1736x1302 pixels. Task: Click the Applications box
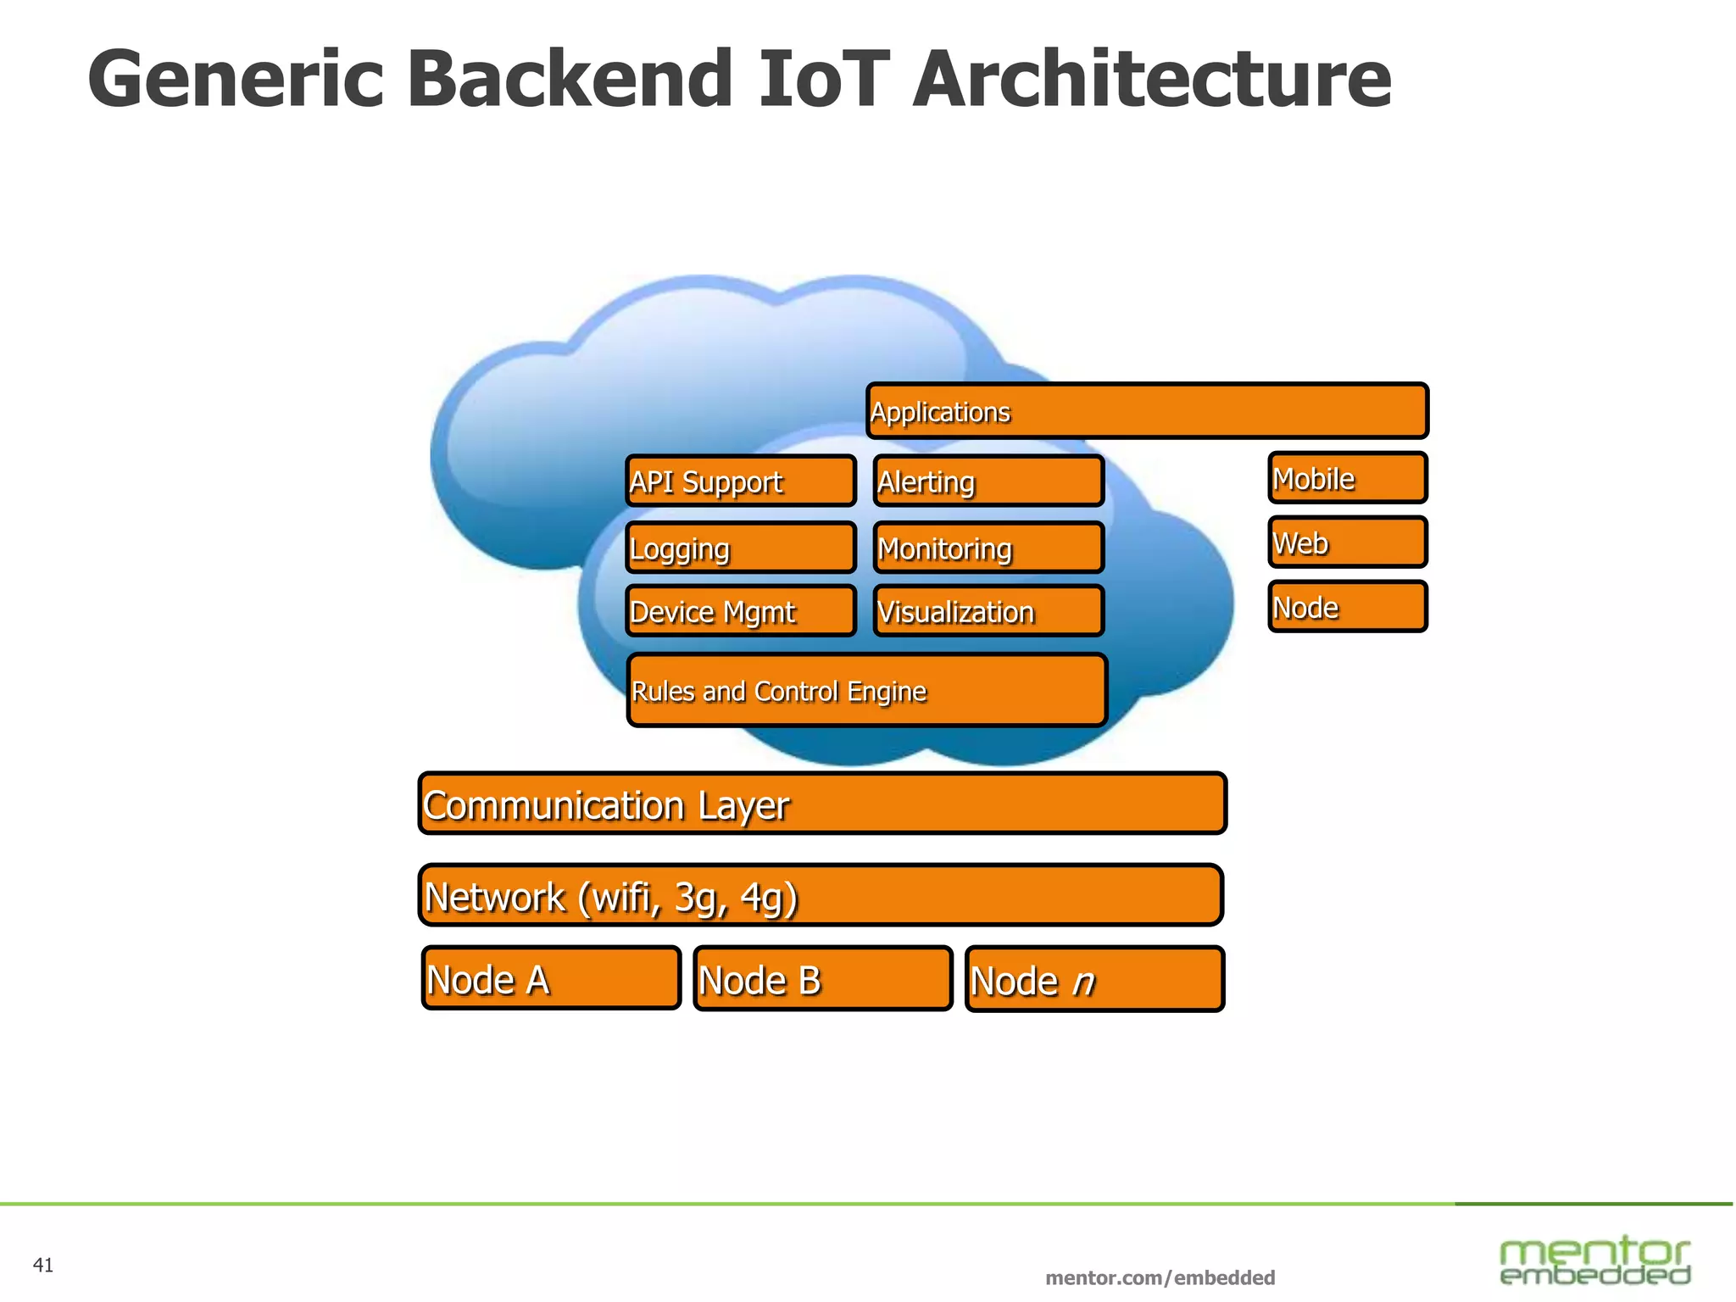click(x=1147, y=411)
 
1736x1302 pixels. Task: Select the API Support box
click(x=741, y=481)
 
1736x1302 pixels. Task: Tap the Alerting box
click(x=988, y=481)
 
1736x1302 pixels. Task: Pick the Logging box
click(x=741, y=548)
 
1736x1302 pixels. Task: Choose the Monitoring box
click(x=988, y=548)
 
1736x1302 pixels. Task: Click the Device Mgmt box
click(x=741, y=611)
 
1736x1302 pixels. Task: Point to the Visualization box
click(x=988, y=611)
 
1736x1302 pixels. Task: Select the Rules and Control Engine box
click(x=866, y=690)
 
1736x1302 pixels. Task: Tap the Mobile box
click(x=1348, y=478)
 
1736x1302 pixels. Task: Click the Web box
click(x=1348, y=542)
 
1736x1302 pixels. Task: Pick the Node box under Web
click(x=1348, y=607)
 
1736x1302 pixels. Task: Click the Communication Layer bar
click(x=822, y=804)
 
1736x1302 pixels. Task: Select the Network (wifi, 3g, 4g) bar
click(x=821, y=895)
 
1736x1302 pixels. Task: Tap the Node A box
click(x=551, y=978)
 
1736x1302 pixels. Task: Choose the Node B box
click(x=822, y=979)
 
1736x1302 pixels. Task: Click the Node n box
click(x=1094, y=980)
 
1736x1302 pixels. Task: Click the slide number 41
click(x=43, y=1266)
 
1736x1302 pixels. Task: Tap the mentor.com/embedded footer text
click(x=1160, y=1277)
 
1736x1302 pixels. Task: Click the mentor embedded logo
click(x=1594, y=1260)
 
